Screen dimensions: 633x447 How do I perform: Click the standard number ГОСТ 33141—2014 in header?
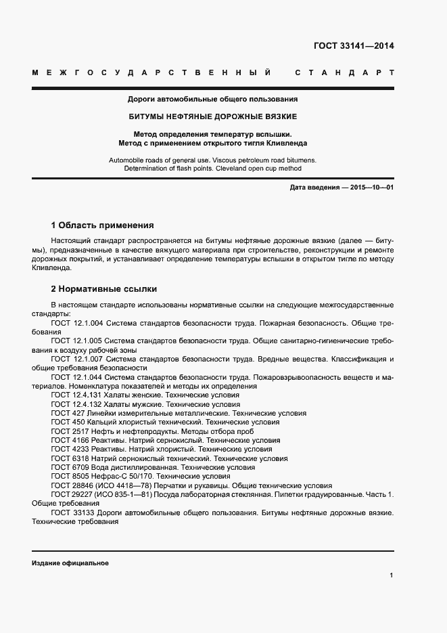354,47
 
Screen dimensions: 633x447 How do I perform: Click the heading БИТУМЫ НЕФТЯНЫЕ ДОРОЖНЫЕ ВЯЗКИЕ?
213,116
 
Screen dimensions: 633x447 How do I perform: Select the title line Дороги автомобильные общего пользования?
213,99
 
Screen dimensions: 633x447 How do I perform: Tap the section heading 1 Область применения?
103,225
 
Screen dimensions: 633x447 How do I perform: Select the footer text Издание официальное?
70,563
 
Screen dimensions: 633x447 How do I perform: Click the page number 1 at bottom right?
392,575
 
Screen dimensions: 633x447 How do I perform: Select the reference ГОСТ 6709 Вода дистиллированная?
153,467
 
